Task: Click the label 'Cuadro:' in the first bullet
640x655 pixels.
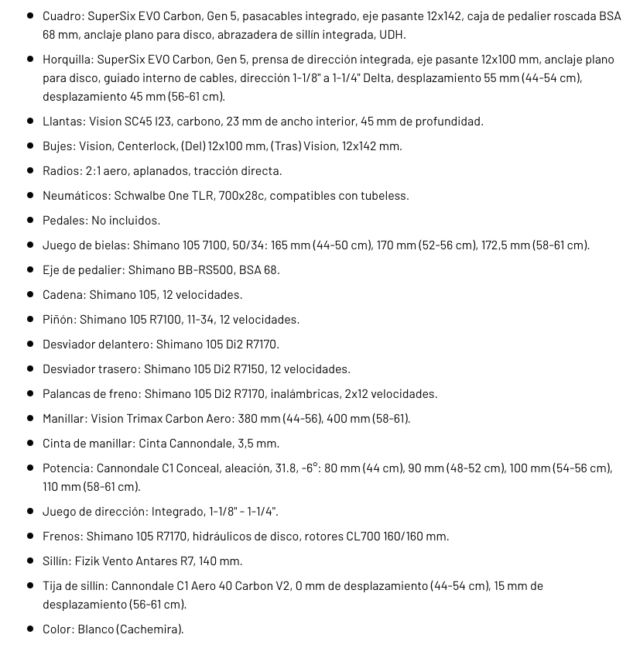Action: (x=62, y=16)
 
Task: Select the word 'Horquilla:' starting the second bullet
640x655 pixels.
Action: (x=68, y=60)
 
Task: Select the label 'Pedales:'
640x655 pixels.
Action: (x=65, y=221)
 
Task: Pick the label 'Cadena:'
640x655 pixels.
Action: (x=64, y=295)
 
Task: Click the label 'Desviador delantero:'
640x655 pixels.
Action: (x=98, y=345)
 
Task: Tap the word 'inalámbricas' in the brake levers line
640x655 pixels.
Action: (x=302, y=394)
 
